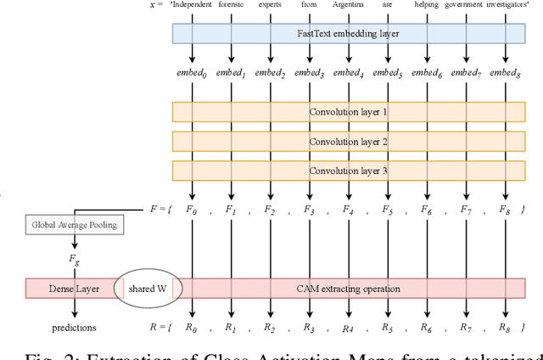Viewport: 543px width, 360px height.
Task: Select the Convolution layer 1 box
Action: click(349, 112)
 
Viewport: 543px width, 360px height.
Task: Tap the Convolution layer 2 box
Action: click(349, 141)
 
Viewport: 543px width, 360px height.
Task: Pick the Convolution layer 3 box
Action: click(349, 170)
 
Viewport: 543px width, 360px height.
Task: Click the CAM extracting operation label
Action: click(349, 289)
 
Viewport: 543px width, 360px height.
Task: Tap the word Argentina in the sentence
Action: click(349, 4)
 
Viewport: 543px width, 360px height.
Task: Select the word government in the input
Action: click(466, 4)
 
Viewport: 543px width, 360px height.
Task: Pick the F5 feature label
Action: click(388, 209)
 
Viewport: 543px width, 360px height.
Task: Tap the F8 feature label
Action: click(506, 209)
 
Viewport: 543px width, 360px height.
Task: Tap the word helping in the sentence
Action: click(427, 4)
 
